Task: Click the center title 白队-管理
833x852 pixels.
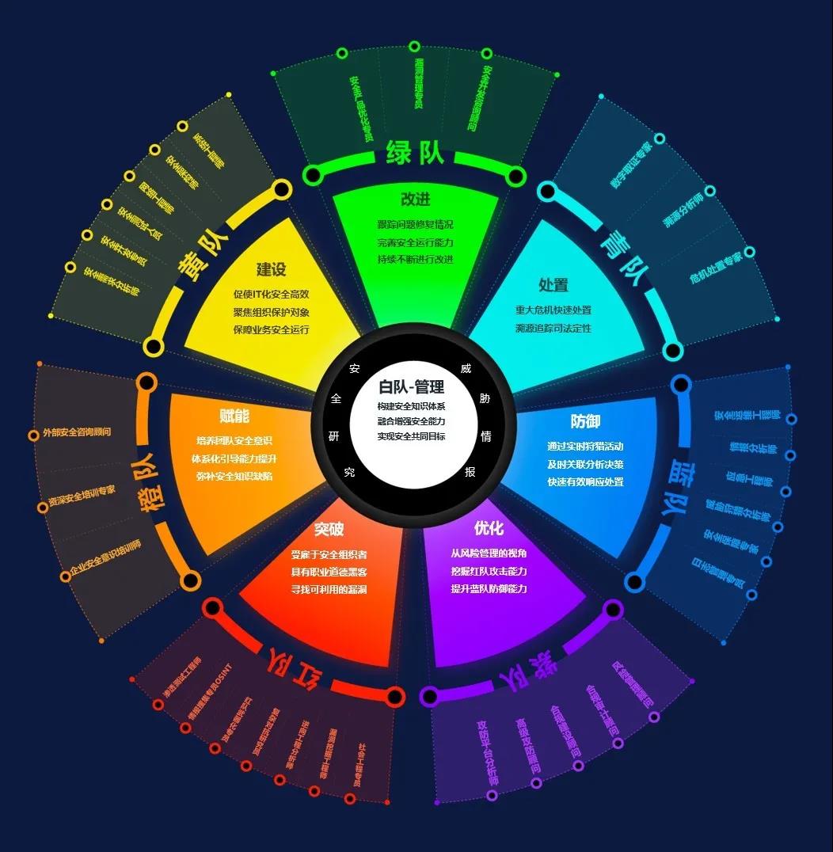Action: click(412, 387)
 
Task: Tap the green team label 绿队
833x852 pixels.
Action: click(415, 153)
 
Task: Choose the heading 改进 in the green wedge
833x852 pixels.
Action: click(416, 200)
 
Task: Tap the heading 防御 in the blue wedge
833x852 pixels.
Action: click(585, 421)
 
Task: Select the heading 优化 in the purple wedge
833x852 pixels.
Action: click(489, 527)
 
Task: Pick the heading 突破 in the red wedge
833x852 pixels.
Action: click(329, 529)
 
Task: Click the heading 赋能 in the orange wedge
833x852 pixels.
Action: click(234, 416)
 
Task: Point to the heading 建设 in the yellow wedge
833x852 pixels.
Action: click(271, 269)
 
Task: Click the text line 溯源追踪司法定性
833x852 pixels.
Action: click(553, 328)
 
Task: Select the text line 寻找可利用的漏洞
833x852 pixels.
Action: click(329, 589)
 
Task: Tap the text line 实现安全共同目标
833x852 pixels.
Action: click(412, 436)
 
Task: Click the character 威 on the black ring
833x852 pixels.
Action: click(466, 369)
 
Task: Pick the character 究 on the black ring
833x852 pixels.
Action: click(349, 473)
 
